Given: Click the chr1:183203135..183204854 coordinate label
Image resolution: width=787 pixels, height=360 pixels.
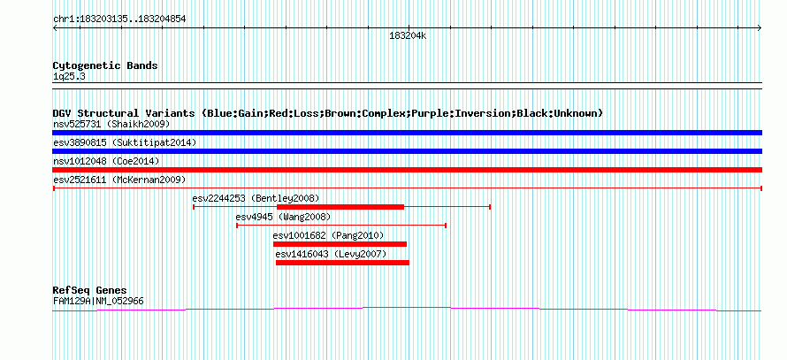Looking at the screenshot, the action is [x=119, y=19].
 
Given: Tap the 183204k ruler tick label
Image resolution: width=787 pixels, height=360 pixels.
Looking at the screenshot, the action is [x=408, y=36].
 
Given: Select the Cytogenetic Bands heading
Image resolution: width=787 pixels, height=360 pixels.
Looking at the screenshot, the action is [x=105, y=65].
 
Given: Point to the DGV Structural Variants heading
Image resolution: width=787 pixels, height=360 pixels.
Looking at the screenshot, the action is [x=327, y=113].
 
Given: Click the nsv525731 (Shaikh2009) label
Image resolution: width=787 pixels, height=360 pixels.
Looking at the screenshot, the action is [x=111, y=124].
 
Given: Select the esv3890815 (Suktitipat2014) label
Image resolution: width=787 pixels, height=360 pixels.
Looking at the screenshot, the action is [x=125, y=142].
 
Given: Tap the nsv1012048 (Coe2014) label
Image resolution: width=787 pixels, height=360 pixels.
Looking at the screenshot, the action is [x=106, y=161].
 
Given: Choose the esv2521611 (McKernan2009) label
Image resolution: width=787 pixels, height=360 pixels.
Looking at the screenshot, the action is [x=119, y=180].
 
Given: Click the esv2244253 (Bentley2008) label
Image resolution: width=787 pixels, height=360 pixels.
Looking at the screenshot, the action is [x=256, y=198].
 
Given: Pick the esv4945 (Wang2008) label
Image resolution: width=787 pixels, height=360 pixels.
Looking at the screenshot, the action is [x=283, y=217].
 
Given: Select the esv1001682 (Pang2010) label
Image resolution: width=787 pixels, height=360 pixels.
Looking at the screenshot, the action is [x=328, y=235].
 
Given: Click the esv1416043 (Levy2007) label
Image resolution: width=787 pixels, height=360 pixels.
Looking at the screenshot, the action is [x=332, y=254].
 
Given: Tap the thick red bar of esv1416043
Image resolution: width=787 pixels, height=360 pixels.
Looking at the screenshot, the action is [x=342, y=263].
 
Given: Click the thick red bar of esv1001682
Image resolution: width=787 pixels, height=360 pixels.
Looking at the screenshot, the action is [x=340, y=244].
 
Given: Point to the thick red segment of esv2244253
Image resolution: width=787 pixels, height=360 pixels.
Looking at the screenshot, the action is [x=340, y=207].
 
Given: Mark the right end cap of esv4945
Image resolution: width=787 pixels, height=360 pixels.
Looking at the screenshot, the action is [x=446, y=226].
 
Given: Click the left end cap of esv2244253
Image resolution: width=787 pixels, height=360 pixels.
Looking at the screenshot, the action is [x=194, y=207].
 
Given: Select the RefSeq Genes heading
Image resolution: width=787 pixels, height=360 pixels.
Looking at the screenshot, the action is [x=90, y=291].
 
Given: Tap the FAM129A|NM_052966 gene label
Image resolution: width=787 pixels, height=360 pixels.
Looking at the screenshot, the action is [x=98, y=302].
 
